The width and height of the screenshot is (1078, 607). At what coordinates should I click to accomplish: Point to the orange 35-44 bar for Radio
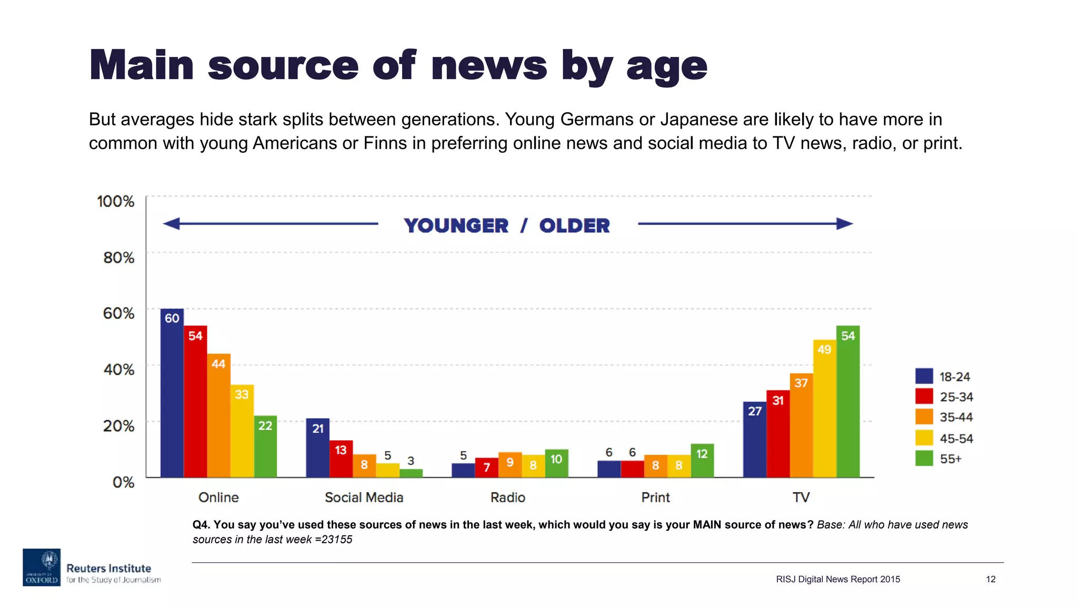click(x=510, y=466)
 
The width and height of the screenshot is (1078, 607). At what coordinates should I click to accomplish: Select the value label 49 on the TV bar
click(x=824, y=349)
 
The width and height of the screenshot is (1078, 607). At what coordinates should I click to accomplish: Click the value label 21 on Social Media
click(x=318, y=428)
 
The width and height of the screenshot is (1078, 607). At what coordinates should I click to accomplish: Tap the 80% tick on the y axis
click(x=118, y=258)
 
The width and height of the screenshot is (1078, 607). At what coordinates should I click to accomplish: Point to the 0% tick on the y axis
click(x=123, y=482)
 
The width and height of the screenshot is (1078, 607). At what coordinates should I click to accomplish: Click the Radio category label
click(x=507, y=497)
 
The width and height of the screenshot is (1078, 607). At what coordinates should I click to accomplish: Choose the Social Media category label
click(x=364, y=497)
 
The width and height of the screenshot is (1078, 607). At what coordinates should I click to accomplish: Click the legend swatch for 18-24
click(x=924, y=376)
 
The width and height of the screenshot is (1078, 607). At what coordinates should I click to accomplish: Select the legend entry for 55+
click(x=950, y=459)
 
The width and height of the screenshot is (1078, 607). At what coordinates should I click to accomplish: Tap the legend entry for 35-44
click(x=956, y=417)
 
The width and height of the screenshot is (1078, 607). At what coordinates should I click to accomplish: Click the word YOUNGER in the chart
click(x=456, y=226)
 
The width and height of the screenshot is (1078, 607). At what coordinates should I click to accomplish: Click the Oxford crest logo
click(x=42, y=567)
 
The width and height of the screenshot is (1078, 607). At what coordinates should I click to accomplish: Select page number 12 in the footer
click(x=990, y=579)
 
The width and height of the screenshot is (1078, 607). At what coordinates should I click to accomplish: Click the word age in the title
click(x=666, y=67)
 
